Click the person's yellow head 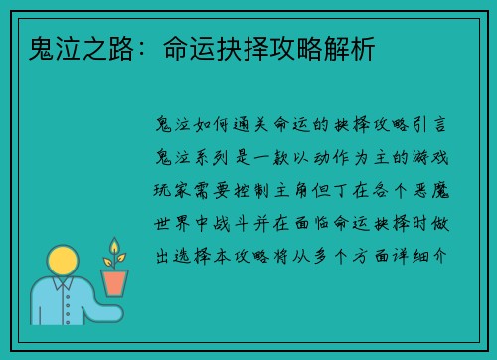click(64, 265)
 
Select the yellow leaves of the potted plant click(115, 253)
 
